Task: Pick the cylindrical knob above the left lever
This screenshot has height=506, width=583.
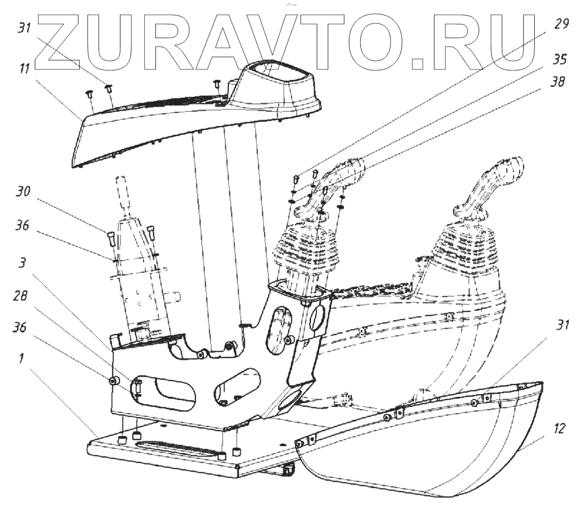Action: [123, 193]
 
